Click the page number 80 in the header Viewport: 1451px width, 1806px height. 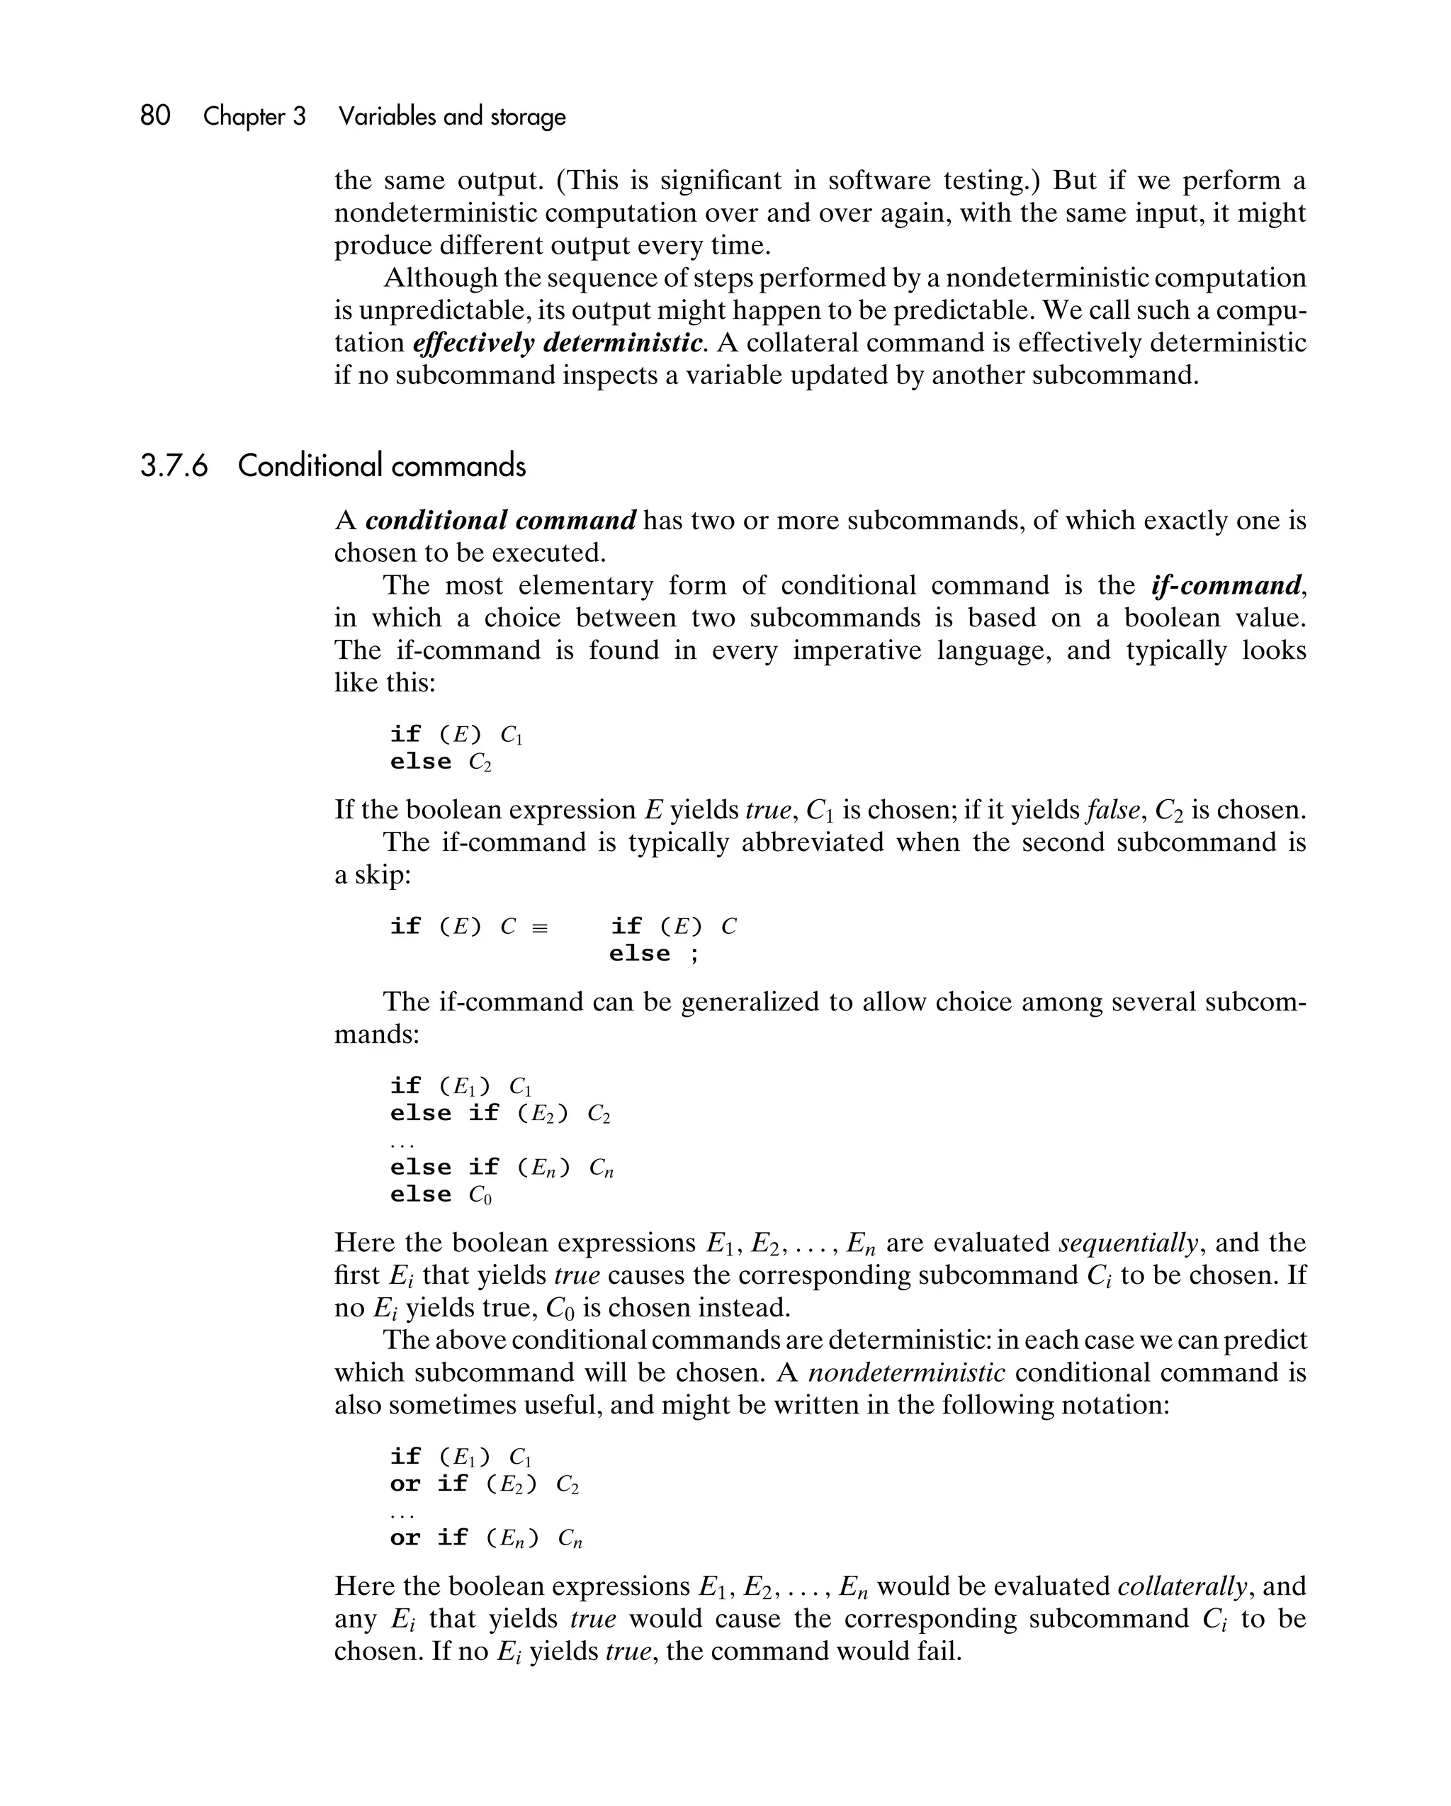click(x=155, y=115)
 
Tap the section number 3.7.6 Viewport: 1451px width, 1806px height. click(x=174, y=465)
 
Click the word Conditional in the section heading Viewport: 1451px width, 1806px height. click(x=310, y=465)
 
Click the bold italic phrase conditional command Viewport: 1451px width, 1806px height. click(x=501, y=520)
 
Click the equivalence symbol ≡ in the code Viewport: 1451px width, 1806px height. click(x=541, y=927)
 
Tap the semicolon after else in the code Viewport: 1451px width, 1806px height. click(x=694, y=954)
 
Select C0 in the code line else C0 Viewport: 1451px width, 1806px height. click(x=480, y=1195)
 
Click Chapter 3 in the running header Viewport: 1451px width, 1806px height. click(x=254, y=116)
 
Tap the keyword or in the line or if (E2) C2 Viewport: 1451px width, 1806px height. click(x=405, y=1484)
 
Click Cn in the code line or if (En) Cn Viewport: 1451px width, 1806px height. click(x=570, y=1539)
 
